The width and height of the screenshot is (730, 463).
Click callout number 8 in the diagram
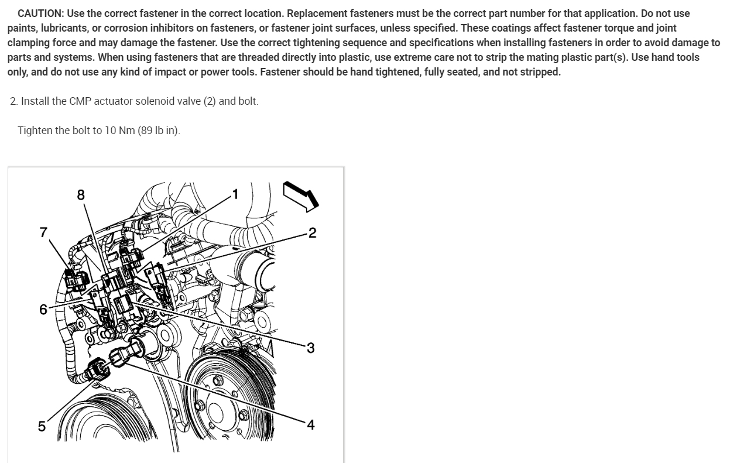[81, 195]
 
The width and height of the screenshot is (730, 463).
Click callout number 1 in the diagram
[235, 194]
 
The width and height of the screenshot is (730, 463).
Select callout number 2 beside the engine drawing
[312, 232]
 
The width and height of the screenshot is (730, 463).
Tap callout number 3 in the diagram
[311, 348]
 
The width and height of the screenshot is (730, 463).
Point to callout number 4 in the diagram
[311, 424]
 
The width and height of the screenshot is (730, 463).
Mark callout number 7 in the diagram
[43, 232]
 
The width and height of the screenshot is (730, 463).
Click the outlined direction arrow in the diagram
[301, 197]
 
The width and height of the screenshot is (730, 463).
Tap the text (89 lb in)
[159, 131]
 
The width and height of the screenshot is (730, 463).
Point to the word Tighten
[35, 131]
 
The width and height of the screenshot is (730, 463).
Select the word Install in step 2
[35, 101]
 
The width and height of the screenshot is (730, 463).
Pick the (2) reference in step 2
[210, 101]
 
